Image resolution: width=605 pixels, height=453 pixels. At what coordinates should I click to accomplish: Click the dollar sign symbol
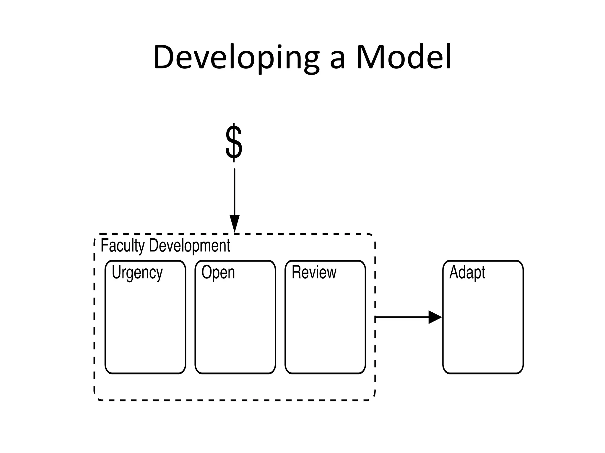(x=234, y=142)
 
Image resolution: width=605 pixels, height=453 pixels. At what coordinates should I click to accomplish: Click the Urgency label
(x=137, y=273)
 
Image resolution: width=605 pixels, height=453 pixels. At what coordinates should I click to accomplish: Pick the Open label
(x=218, y=273)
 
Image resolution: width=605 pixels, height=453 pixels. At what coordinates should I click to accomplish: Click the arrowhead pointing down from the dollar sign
(x=235, y=223)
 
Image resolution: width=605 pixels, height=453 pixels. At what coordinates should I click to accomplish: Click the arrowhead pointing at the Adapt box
(x=435, y=317)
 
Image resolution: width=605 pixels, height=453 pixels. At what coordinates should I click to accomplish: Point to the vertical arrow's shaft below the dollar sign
(x=235, y=192)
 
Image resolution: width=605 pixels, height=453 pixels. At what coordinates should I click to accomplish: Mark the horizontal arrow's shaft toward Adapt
(x=402, y=317)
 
